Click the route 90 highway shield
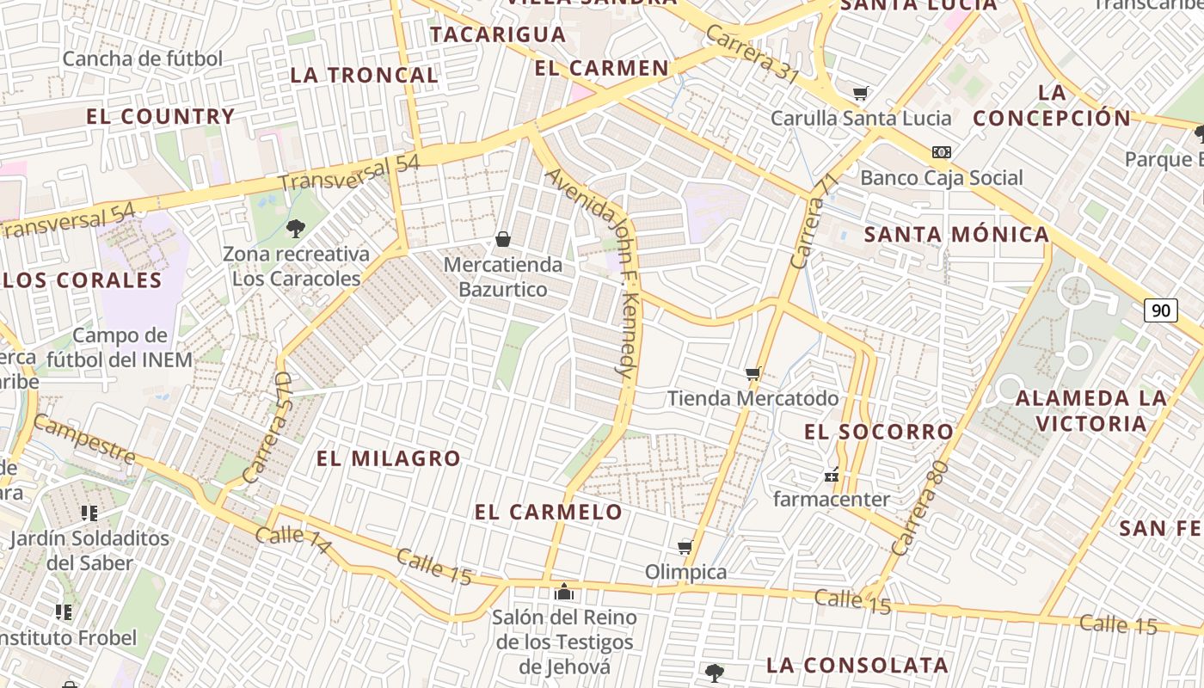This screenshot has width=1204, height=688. (x=1160, y=310)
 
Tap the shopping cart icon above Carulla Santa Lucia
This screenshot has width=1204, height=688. (x=860, y=93)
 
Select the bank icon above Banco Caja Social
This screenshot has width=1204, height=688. (x=942, y=152)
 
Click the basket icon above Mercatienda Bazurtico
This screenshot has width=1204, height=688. (x=503, y=239)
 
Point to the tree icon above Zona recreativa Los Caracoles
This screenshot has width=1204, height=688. (x=296, y=228)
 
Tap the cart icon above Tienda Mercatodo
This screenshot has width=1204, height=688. (x=753, y=373)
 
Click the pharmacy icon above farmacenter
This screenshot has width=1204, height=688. (x=832, y=474)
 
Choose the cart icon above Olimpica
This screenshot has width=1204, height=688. (x=685, y=547)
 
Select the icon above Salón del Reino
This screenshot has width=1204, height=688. (x=564, y=592)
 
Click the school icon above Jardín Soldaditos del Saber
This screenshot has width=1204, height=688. (x=89, y=513)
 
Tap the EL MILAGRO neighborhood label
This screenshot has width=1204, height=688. (x=389, y=458)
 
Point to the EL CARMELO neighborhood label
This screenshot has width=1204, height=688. (x=549, y=512)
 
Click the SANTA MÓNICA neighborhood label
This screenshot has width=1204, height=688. (x=956, y=234)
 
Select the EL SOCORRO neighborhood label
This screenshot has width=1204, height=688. (x=879, y=432)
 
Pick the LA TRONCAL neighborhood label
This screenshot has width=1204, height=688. (x=365, y=75)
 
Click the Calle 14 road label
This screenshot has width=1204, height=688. (x=292, y=539)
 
